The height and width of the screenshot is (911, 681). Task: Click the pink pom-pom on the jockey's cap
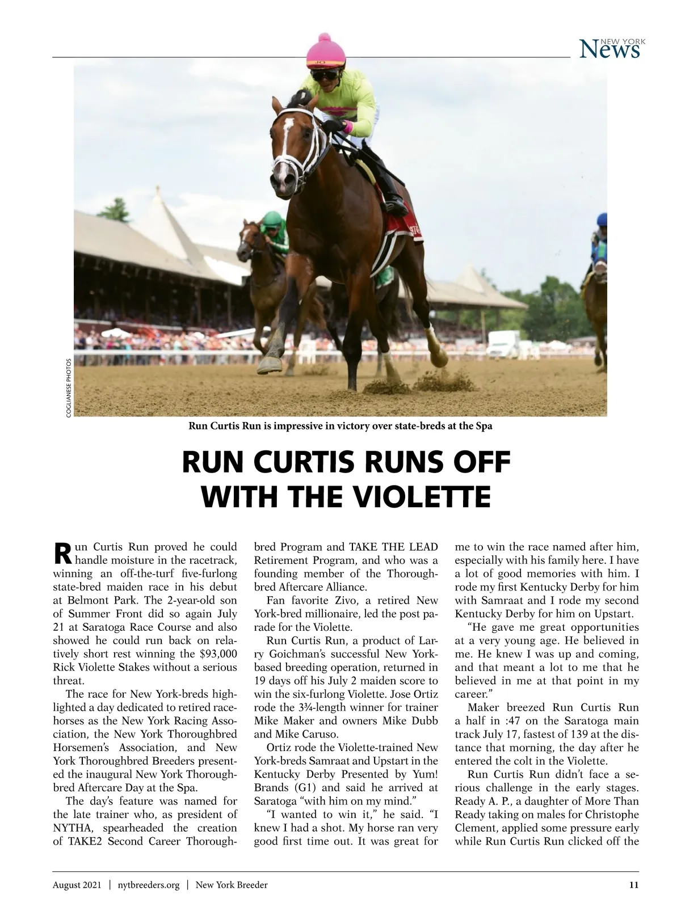(x=325, y=38)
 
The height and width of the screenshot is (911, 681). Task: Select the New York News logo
(x=609, y=49)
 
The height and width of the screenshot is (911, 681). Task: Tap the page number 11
(x=634, y=884)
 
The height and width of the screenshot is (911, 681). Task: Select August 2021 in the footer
(x=77, y=884)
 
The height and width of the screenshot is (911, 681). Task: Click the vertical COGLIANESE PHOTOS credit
(x=69, y=388)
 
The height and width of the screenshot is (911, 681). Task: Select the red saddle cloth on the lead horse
(x=403, y=230)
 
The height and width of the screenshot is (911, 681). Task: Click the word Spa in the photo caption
(x=484, y=426)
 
